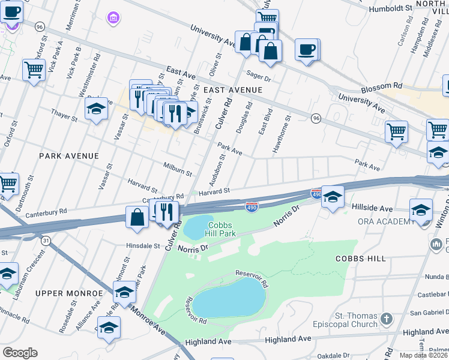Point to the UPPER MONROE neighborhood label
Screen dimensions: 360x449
(69, 293)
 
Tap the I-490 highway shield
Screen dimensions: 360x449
(252, 207)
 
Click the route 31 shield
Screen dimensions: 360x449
(46, 240)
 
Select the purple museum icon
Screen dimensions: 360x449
(113, 19)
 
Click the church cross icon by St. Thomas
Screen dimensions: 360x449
(387, 317)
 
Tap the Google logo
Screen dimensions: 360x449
(20, 353)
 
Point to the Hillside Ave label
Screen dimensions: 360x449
(372, 208)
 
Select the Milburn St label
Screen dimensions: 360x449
(178, 169)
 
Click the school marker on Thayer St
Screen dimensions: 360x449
(96, 110)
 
